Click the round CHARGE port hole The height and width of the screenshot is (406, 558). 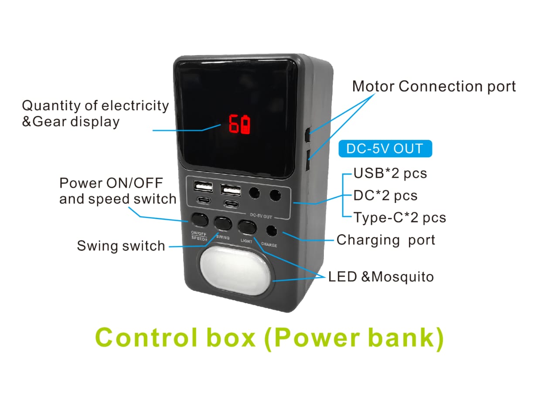pyautogui.click(x=272, y=231)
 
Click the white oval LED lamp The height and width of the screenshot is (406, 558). pyautogui.click(x=235, y=271)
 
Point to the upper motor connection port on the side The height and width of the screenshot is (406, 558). pyautogui.click(x=308, y=135)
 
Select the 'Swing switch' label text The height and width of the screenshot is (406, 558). pyautogui.click(x=121, y=246)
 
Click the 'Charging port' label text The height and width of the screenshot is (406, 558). pyautogui.click(x=386, y=240)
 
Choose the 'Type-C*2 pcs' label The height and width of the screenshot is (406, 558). pyautogui.click(x=400, y=218)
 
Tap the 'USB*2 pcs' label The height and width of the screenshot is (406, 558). pyautogui.click(x=390, y=173)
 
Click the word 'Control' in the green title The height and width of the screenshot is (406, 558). pyautogui.click(x=146, y=338)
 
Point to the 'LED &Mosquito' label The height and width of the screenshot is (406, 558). pyautogui.click(x=381, y=277)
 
